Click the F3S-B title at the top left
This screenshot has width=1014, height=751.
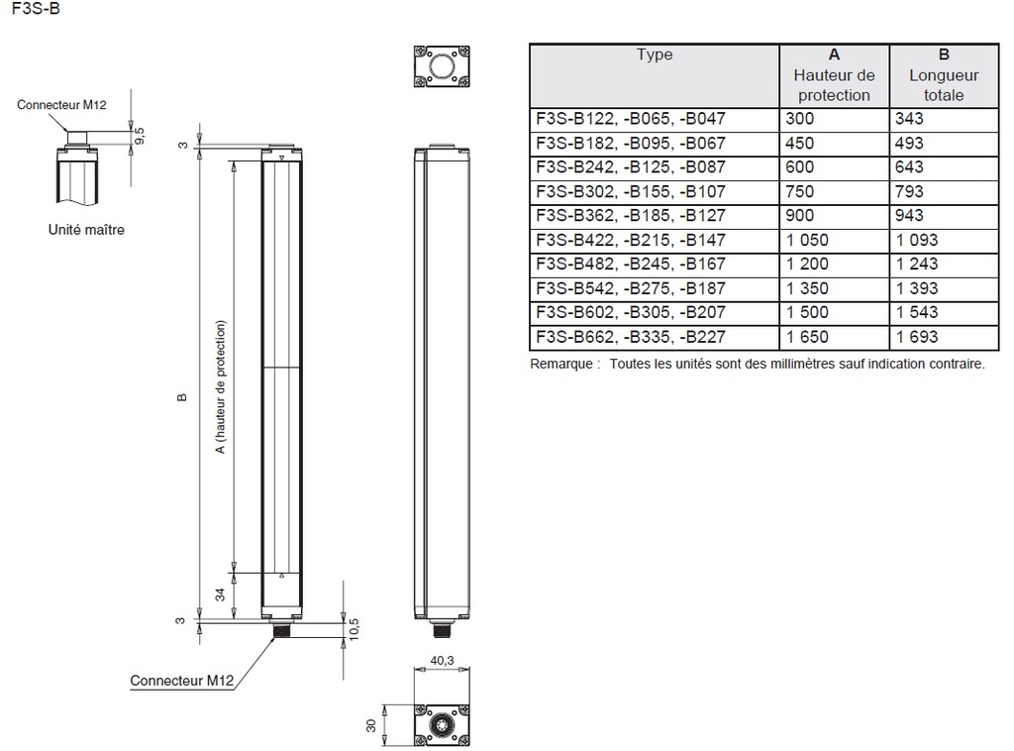(x=30, y=11)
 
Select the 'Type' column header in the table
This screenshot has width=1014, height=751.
(x=655, y=55)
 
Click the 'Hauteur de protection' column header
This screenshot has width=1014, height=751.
(x=834, y=75)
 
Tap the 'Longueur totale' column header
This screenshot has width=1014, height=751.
(x=944, y=75)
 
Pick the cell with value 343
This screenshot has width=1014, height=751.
(x=908, y=119)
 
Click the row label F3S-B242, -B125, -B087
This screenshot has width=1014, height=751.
(x=630, y=166)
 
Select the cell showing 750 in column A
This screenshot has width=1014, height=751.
(x=799, y=191)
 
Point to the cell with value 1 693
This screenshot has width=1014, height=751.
(x=916, y=337)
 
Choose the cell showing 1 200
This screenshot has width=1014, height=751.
(x=806, y=264)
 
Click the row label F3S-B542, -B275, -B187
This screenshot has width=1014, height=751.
(x=630, y=288)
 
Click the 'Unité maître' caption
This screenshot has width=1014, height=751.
(x=86, y=230)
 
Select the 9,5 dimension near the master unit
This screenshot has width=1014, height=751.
(x=140, y=136)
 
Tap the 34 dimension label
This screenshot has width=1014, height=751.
(x=220, y=594)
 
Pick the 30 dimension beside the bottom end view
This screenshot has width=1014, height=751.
(x=372, y=726)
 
